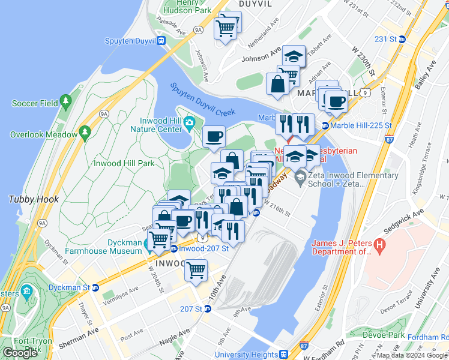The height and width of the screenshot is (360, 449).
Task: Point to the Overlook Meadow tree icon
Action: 85,131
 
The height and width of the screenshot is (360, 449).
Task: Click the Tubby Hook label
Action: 33,199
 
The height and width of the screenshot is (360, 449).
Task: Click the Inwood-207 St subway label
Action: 203,248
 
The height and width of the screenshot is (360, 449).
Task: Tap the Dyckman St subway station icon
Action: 95,287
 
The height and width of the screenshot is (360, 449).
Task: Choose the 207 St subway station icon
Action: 207,308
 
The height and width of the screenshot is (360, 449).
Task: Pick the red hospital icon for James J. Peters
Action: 379,245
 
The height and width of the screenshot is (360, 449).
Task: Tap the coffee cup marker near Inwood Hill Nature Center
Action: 214,137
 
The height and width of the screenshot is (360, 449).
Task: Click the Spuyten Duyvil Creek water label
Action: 201,99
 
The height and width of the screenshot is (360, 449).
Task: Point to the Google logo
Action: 20,353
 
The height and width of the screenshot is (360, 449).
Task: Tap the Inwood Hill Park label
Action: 124,163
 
